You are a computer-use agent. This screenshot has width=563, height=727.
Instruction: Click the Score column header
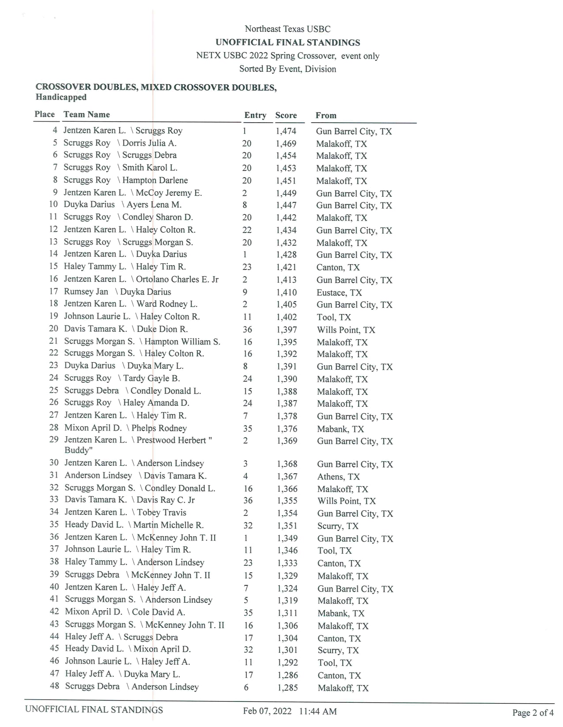pos(286,115)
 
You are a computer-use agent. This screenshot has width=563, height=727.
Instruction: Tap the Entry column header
pos(255,115)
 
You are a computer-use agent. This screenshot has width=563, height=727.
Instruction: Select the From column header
pos(326,115)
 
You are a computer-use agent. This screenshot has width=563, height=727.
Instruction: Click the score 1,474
pos(286,131)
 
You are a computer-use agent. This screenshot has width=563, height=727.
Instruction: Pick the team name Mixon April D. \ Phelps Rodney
pos(125,428)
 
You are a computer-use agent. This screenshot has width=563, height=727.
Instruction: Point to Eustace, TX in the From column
pos(339,292)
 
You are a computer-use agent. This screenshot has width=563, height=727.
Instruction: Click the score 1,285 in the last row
pos(287,687)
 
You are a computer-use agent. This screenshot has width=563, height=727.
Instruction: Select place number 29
pos(54,439)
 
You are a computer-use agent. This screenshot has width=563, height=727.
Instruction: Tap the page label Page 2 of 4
pos(533,712)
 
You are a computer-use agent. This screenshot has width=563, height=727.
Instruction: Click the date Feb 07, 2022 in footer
pos(267,711)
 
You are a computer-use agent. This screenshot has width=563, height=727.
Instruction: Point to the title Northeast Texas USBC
pos(287,29)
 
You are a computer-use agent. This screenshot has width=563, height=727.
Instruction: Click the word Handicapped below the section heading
pos(61,97)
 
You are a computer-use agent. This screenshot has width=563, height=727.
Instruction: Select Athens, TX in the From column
pos(339,476)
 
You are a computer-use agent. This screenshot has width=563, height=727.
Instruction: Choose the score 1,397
pos(287,330)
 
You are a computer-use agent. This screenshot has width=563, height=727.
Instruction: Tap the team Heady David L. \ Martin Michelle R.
pos(134,525)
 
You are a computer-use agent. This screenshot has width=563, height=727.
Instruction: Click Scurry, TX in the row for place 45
pos(338,650)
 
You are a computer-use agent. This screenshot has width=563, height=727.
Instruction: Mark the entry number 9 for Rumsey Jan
pos(245,292)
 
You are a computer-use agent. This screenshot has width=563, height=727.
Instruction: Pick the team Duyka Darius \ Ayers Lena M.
pos(122,204)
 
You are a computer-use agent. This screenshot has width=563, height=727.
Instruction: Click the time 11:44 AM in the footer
pos(318,711)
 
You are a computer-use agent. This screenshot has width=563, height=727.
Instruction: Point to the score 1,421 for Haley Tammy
pos(287,267)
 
